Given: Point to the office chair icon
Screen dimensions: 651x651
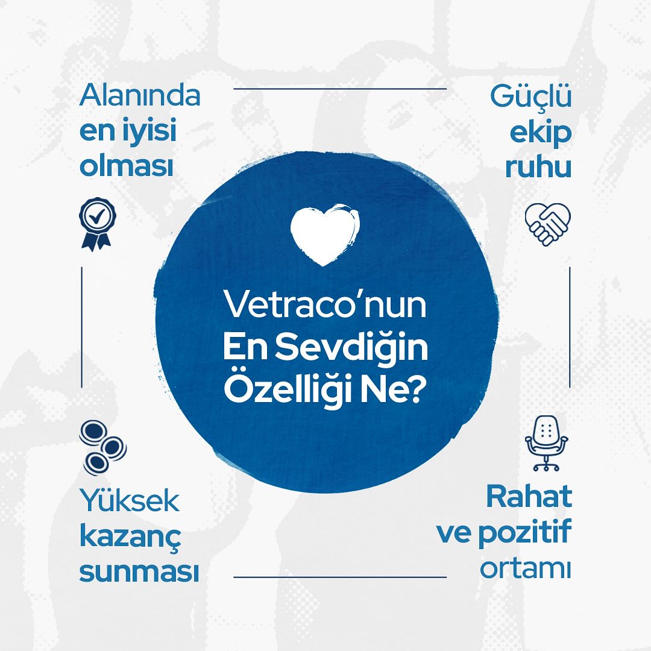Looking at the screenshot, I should (x=547, y=443).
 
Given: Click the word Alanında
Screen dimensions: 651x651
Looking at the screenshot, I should (x=139, y=96).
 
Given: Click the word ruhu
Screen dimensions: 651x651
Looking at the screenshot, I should (x=538, y=168).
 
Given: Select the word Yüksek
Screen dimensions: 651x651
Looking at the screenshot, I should (x=130, y=501).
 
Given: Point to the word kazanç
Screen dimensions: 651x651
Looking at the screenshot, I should (x=130, y=537).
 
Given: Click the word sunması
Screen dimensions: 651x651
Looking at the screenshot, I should (x=139, y=572).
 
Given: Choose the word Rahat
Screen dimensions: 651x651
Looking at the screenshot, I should (x=529, y=497).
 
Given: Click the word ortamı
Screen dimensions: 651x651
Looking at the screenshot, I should (x=525, y=569).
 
